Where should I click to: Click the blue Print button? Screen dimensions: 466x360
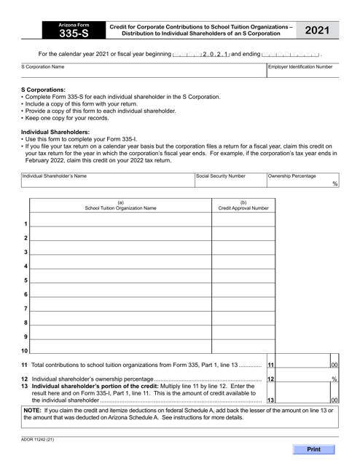click(x=314, y=449)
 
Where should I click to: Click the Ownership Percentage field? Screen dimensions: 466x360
click(x=299, y=183)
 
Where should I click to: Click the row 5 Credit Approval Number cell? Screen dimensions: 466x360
click(x=243, y=278)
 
